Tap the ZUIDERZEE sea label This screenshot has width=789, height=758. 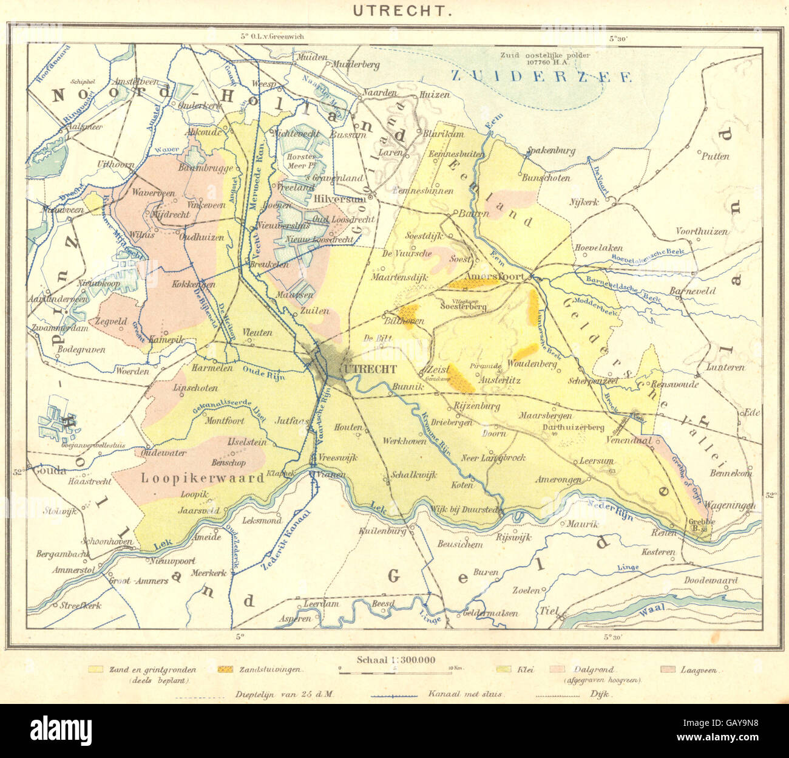(541, 76)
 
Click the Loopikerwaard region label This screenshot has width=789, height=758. (203, 478)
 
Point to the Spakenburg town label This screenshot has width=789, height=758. (550, 151)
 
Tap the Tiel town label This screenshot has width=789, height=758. (549, 609)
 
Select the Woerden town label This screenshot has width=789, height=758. (132, 371)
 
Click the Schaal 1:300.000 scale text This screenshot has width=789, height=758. (396, 660)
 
